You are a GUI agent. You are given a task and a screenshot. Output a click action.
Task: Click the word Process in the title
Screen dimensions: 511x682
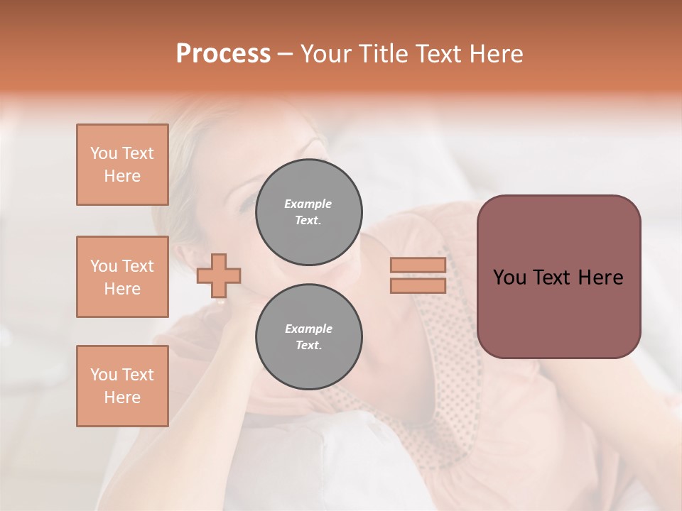click(x=223, y=54)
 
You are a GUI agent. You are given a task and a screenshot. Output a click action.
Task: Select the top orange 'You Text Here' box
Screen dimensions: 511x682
click(x=122, y=165)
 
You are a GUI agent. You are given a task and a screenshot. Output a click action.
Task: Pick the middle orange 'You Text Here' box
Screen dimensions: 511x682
click(x=122, y=277)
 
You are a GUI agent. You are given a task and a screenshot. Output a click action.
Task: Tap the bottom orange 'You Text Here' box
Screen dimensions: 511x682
click(x=122, y=386)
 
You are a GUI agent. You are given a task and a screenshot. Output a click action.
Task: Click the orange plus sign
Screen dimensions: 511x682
click(x=219, y=275)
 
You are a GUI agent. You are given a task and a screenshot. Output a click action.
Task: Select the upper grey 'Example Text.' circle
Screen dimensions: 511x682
click(x=308, y=211)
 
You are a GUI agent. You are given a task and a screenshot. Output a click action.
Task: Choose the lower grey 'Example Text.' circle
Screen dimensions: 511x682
click(x=308, y=336)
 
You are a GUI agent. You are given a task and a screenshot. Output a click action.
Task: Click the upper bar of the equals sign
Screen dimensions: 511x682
click(x=418, y=265)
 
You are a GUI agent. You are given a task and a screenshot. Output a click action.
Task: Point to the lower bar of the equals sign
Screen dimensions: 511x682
click(x=418, y=285)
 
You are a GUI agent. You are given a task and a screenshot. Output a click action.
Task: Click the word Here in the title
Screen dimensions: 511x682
click(x=496, y=54)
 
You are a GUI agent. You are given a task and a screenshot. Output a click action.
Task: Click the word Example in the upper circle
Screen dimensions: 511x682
click(x=308, y=204)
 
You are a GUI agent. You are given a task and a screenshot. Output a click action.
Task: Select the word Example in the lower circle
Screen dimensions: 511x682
click(x=308, y=329)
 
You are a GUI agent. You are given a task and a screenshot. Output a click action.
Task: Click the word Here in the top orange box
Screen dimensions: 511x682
click(x=122, y=176)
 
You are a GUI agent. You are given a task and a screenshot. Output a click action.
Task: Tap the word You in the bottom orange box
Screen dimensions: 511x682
click(x=103, y=375)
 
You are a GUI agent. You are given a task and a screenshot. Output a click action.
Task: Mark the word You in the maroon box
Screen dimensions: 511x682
click(x=509, y=278)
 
